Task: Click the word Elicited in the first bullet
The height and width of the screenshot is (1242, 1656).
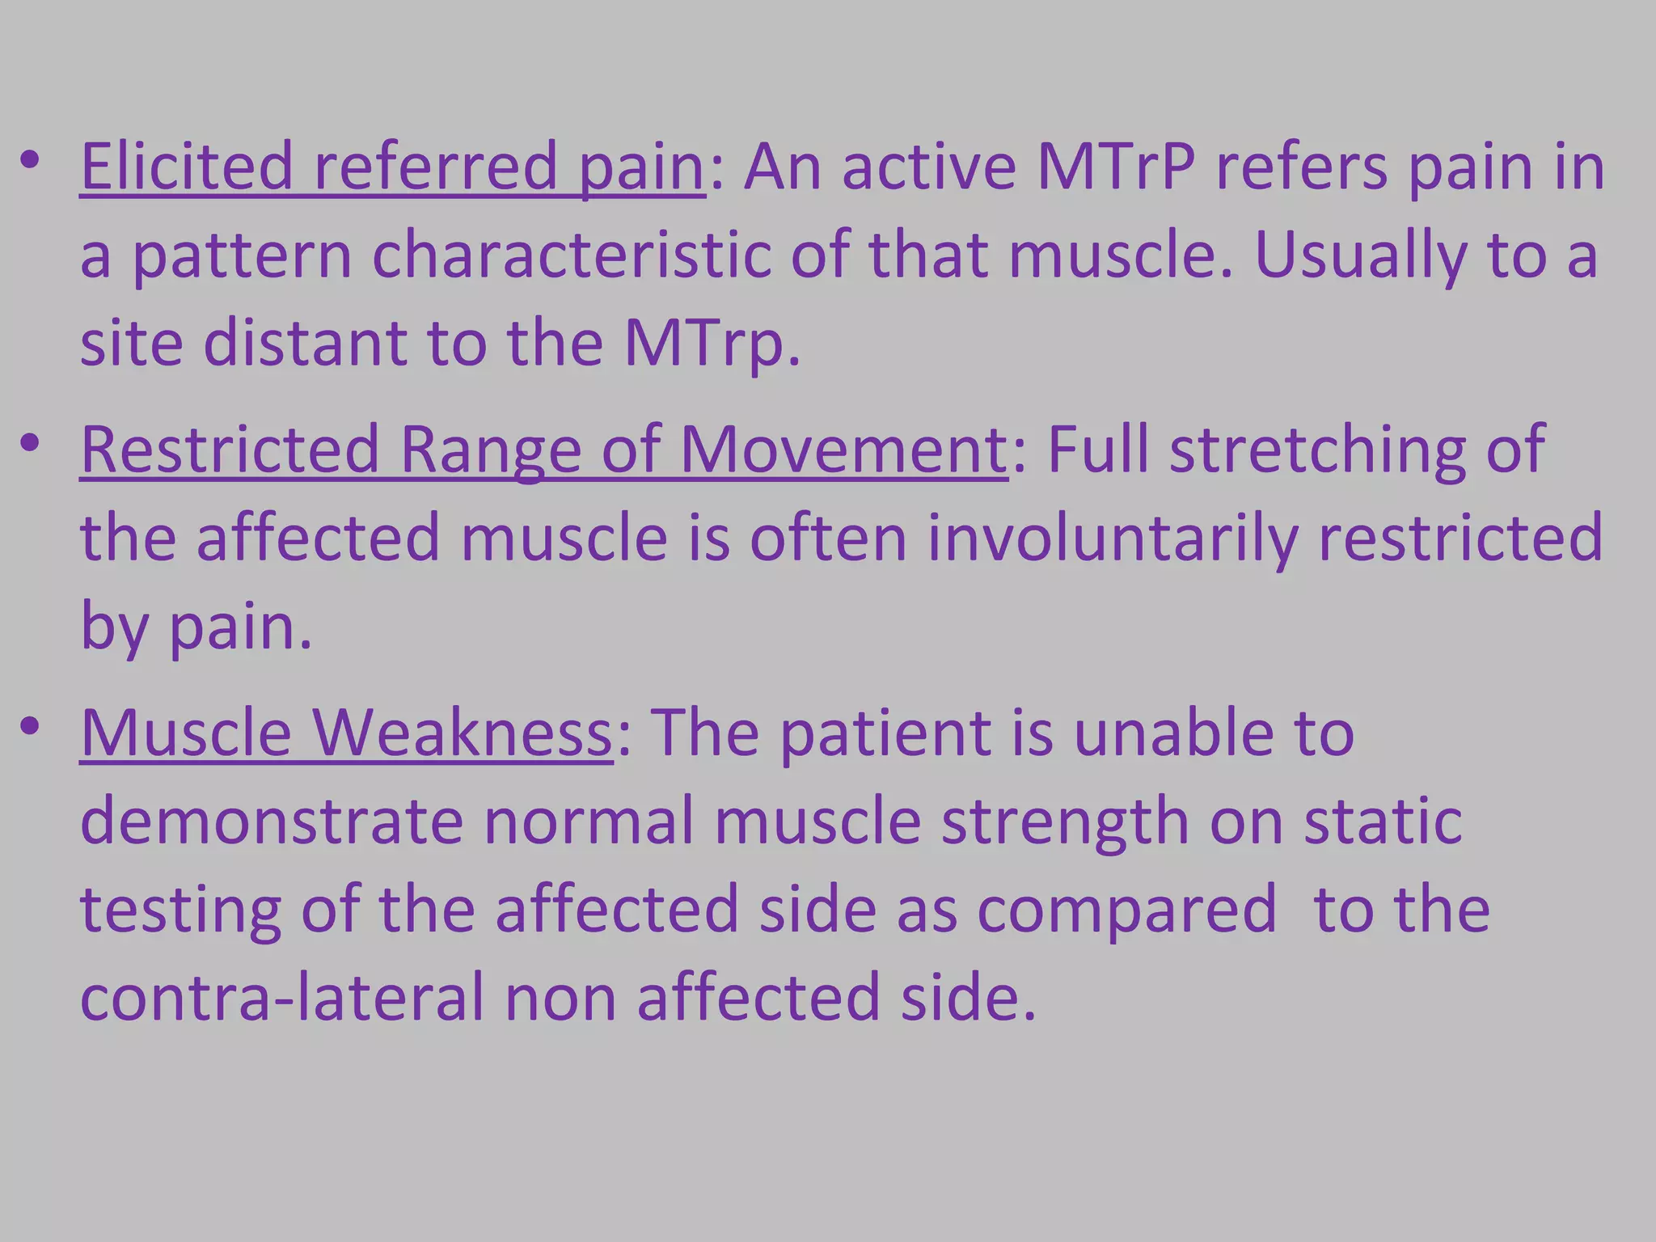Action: (x=186, y=167)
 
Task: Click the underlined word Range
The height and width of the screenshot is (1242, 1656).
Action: (x=490, y=450)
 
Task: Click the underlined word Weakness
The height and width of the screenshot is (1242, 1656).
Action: (x=462, y=733)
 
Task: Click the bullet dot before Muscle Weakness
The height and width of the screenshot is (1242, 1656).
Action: (x=30, y=725)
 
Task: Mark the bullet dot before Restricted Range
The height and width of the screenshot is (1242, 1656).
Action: (x=30, y=442)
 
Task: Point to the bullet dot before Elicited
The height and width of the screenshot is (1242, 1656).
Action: (x=30, y=159)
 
